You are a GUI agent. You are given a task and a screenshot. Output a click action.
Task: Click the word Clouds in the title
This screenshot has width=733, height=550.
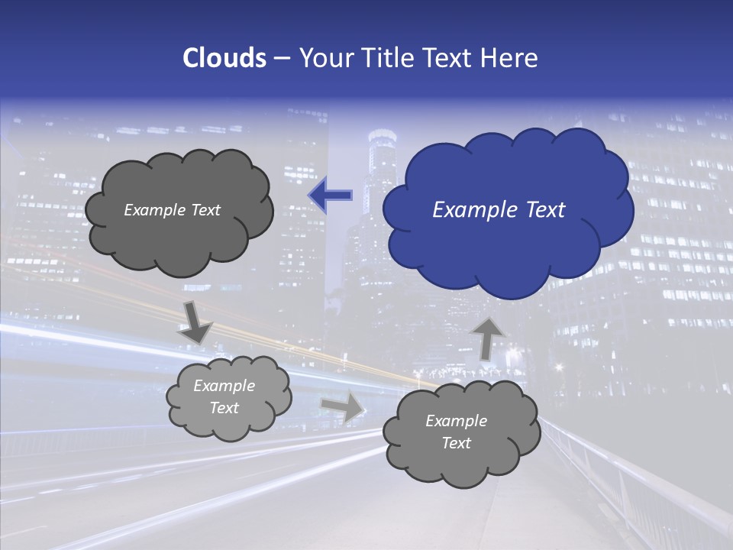224,58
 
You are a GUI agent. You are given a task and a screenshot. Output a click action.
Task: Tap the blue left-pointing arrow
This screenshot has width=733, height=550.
331,196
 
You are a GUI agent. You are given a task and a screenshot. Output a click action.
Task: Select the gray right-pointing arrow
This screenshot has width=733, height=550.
344,407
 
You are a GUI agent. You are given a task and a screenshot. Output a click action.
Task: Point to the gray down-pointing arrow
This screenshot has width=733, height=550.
195,322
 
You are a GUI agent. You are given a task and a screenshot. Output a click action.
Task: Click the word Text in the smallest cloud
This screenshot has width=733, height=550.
224,408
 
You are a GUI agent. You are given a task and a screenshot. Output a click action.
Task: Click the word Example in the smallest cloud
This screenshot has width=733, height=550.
224,386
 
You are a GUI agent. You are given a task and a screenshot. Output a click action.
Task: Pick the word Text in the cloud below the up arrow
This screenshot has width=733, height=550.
457,443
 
